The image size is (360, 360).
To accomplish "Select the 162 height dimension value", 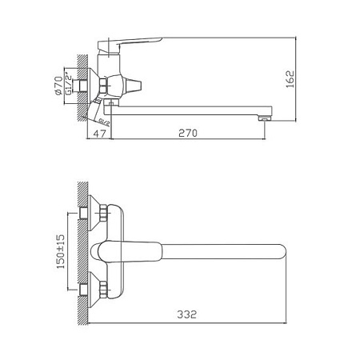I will [x=298, y=78].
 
